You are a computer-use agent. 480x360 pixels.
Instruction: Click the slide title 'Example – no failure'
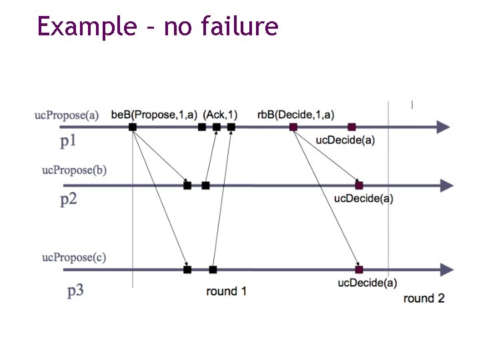[x=157, y=27]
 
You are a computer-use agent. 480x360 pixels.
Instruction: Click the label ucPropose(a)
[x=67, y=115]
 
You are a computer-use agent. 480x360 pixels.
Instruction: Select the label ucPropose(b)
[x=74, y=170]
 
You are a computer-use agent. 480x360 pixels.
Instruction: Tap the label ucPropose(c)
[x=74, y=257]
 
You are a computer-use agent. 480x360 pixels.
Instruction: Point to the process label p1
[x=69, y=141]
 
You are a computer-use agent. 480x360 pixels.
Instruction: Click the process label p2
[x=69, y=199]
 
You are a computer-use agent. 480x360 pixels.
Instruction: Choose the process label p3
[x=75, y=291]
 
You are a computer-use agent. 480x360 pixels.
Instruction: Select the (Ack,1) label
[x=221, y=115]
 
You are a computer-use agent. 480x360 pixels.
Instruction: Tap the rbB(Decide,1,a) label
[x=296, y=115]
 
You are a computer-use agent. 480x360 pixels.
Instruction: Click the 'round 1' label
[x=227, y=291]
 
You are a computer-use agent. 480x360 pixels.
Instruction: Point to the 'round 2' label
[x=424, y=298]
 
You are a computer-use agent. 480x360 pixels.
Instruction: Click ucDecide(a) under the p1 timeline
[x=345, y=140]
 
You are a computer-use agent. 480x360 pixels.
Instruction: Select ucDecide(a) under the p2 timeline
[x=363, y=198]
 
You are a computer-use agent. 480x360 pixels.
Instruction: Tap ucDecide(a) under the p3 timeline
[x=367, y=283]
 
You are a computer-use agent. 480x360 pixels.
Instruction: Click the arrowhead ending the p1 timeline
[x=443, y=127]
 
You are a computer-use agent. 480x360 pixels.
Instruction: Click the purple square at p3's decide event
[x=359, y=270]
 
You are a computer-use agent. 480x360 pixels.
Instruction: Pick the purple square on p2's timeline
[x=359, y=185]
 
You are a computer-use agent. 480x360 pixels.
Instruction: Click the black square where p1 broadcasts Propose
[x=133, y=127]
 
